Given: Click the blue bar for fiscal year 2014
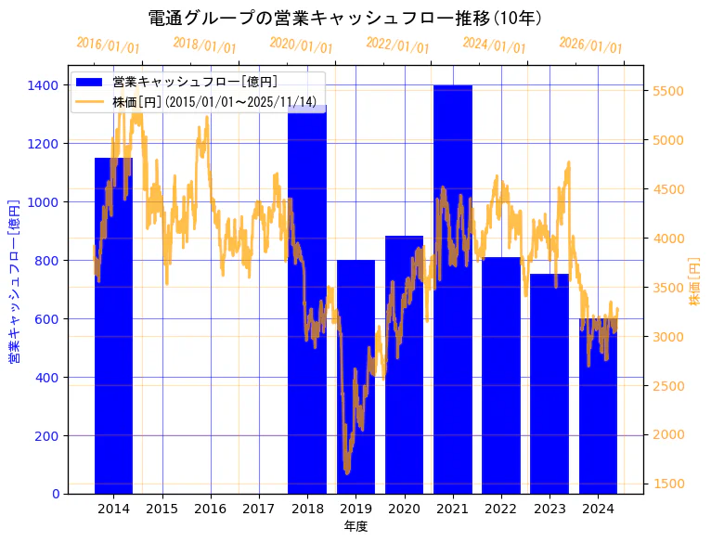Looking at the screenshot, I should [x=113, y=325].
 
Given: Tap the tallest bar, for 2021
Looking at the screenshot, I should [x=452, y=289].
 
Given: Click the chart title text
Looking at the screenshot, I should [x=345, y=19].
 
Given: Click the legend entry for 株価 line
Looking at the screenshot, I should [x=213, y=101].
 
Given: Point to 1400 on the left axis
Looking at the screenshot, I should [x=44, y=85].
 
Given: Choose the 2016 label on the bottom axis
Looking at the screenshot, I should [x=211, y=509].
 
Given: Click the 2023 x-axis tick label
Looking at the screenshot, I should [x=549, y=509].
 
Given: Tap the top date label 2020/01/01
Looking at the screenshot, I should [x=302, y=45].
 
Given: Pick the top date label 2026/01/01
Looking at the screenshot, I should [x=591, y=45].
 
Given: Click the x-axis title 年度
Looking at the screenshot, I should [x=355, y=526].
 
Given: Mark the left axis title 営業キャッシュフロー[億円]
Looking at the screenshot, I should [x=15, y=281].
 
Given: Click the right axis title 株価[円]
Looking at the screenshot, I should [x=694, y=282].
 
